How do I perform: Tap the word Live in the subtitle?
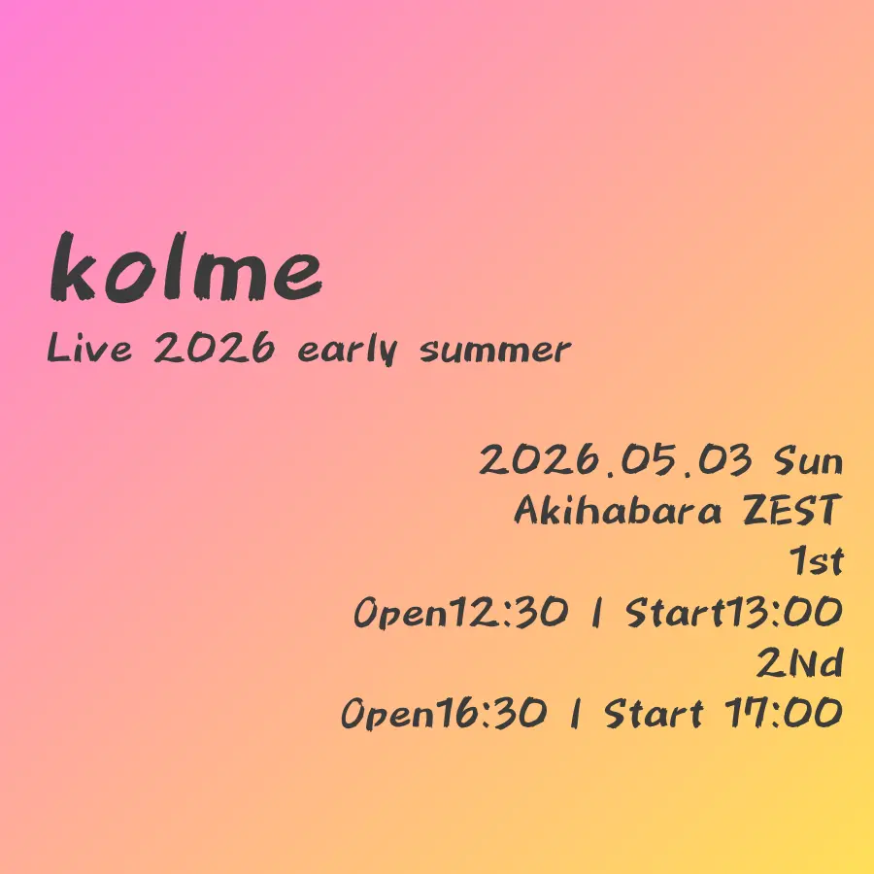(89, 348)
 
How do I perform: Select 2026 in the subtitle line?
(214, 348)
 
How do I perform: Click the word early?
(348, 350)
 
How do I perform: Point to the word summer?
(495, 352)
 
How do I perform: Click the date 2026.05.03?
(616, 460)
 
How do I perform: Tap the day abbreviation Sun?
(808, 461)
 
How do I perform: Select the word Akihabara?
(618, 510)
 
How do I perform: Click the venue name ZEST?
(791, 510)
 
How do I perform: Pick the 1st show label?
(816, 560)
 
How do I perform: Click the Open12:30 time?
(461, 612)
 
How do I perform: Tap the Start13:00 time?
(733, 612)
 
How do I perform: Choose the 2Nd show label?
(799, 662)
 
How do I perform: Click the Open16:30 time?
(444, 713)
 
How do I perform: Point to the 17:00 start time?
(783, 713)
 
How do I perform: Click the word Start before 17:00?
(654, 714)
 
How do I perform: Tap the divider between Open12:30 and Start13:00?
(597, 613)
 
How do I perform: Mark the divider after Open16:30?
(576, 714)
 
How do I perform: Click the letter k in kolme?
(73, 266)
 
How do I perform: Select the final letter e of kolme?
(298, 277)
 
